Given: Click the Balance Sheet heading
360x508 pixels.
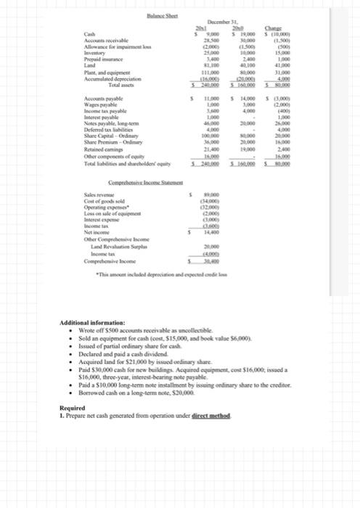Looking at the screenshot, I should [x=119, y=17].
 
